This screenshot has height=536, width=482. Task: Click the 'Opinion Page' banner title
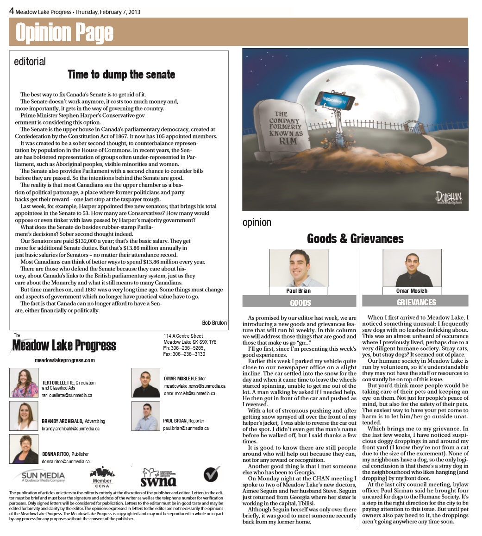(64, 32)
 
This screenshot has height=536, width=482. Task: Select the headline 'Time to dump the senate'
(121, 75)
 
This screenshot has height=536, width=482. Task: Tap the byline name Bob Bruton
(214, 322)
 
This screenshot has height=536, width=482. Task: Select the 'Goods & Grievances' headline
(355, 239)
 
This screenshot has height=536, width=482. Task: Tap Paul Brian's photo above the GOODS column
(299, 268)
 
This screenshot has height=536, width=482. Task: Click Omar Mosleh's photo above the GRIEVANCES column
(412, 268)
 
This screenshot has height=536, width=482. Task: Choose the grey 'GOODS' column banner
(300, 302)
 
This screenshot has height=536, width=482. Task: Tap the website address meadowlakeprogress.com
(65, 360)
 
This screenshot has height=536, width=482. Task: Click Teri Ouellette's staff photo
(24, 383)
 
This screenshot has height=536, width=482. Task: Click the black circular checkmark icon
(211, 474)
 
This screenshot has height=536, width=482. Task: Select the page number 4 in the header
(12, 11)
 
